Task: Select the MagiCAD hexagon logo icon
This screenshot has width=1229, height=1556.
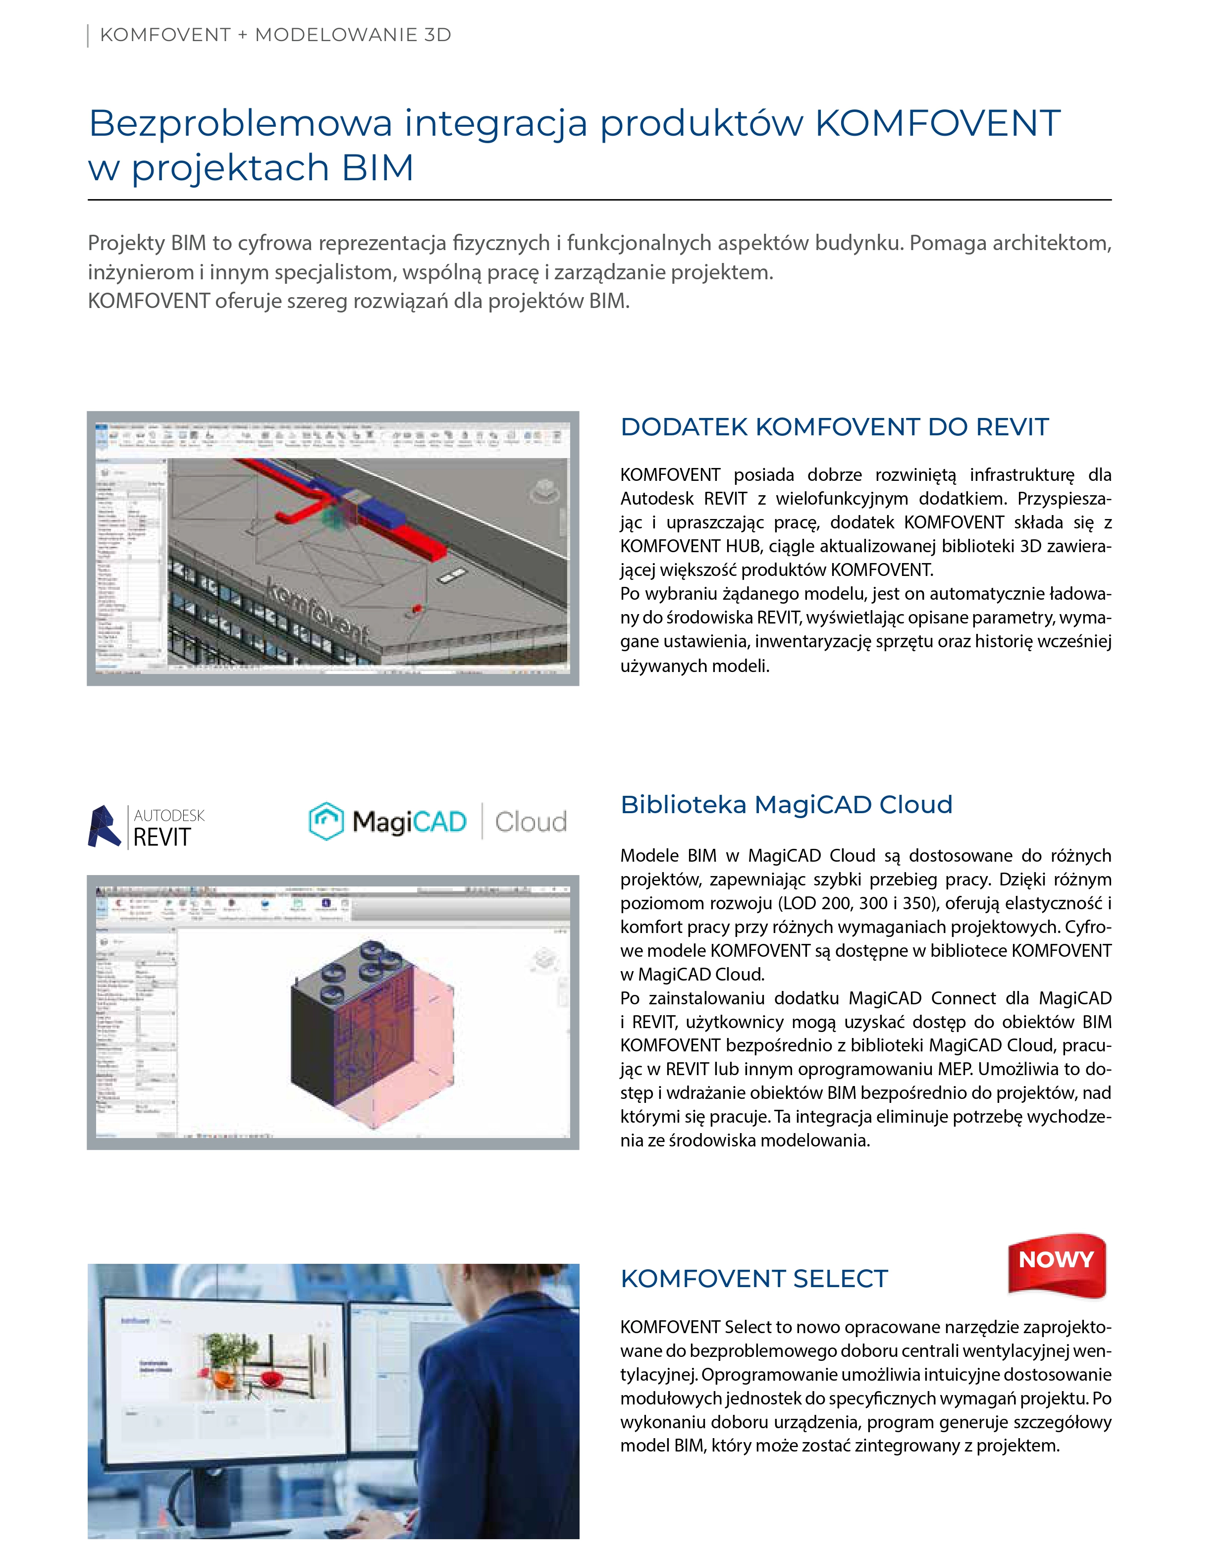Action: tap(326, 821)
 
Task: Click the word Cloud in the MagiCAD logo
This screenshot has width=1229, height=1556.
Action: tap(531, 822)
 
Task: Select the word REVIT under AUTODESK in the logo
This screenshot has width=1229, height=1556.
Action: tap(162, 837)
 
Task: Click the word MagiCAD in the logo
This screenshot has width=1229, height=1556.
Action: tap(409, 822)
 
